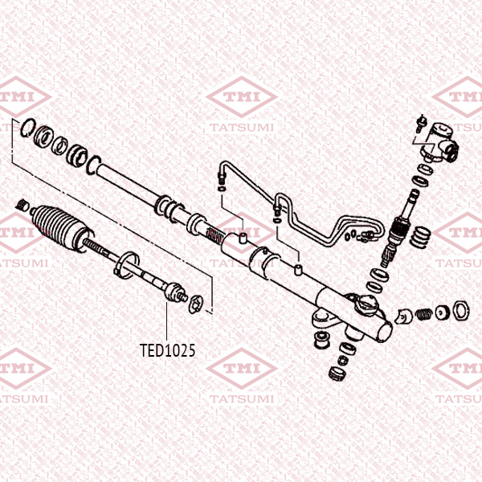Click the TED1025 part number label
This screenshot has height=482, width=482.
[168, 351]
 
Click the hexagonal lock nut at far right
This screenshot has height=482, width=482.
[461, 311]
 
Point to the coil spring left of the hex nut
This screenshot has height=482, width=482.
[441, 311]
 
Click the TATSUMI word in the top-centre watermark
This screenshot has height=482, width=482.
[240, 127]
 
